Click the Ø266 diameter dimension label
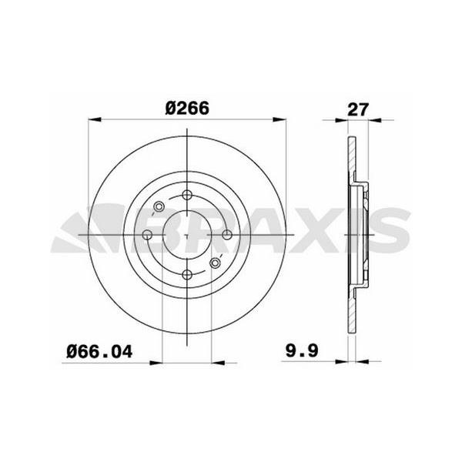click(x=187, y=108)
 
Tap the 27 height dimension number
click(x=358, y=109)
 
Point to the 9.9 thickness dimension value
click(x=302, y=350)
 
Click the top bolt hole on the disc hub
click(x=187, y=195)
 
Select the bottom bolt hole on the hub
click(x=187, y=275)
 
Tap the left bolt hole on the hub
click(x=147, y=235)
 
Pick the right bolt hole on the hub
click(x=227, y=235)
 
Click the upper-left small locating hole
click(x=159, y=206)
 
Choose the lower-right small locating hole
click(x=216, y=263)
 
